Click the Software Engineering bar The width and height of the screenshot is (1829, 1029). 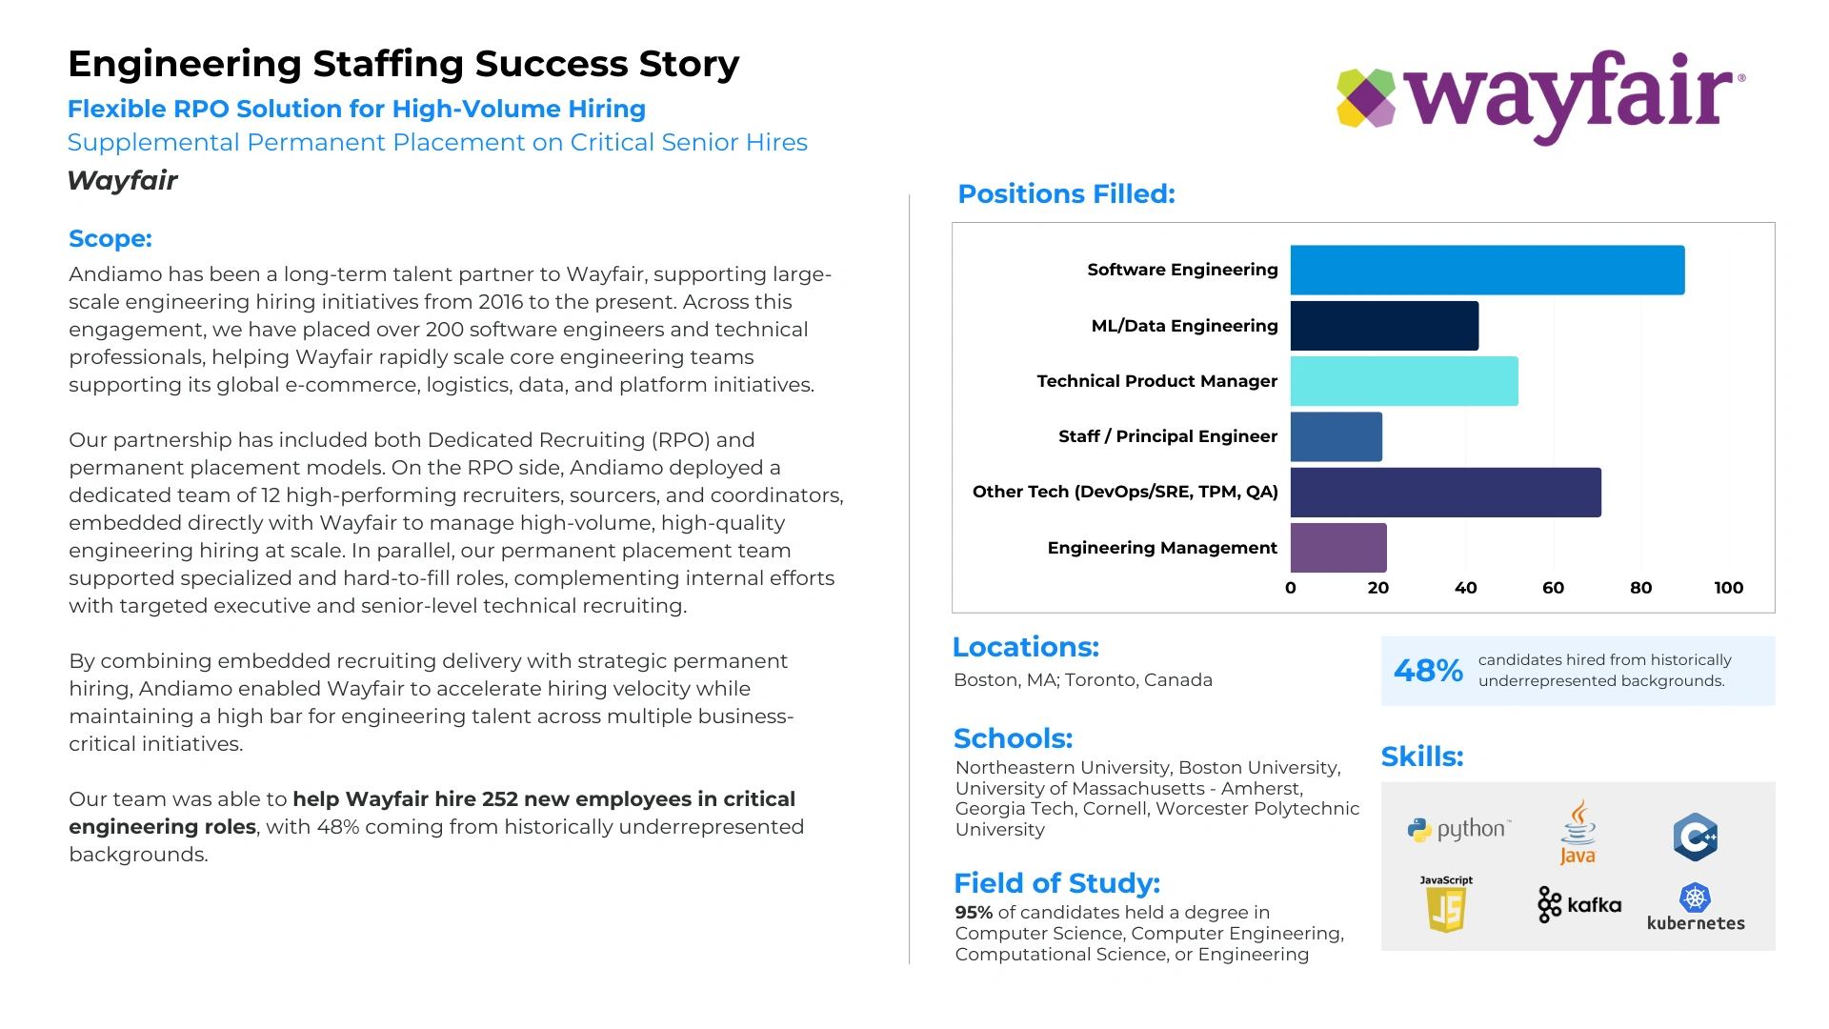point(1487,270)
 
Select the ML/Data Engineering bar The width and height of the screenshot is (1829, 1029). point(1384,326)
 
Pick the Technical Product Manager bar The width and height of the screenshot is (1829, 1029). point(1404,381)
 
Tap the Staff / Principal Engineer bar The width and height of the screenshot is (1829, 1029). point(1337,436)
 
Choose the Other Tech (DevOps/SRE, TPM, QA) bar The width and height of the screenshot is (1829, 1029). point(1446,492)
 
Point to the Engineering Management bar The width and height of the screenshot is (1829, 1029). point(1338,548)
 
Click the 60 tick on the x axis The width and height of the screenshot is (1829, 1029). point(1553,588)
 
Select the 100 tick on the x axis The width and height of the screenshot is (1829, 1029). point(1728,588)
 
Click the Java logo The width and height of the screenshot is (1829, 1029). point(1578,832)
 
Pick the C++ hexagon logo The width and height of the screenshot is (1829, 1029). point(1696,837)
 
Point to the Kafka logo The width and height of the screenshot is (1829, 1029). point(1579,904)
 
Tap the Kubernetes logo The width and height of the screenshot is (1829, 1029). point(1696,907)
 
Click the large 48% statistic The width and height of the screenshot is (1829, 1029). point(1428,670)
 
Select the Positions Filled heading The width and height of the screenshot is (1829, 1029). point(1066,193)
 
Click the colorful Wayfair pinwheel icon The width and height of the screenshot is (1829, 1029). point(1366,97)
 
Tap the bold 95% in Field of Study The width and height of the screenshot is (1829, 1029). point(974,912)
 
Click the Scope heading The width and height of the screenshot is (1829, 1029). point(111,238)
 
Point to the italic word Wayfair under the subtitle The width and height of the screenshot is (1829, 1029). point(123,180)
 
